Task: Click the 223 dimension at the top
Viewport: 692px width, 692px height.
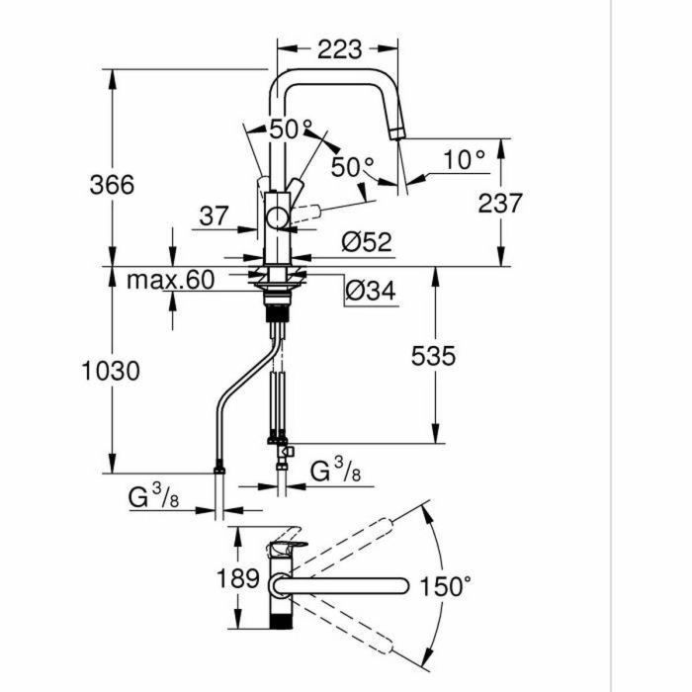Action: (x=338, y=48)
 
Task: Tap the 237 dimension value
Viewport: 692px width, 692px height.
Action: (x=499, y=203)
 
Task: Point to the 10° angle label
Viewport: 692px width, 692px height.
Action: (x=464, y=158)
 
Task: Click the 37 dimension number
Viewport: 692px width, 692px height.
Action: (x=213, y=216)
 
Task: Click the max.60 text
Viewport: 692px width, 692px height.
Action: (x=170, y=280)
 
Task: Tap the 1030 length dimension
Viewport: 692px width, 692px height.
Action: (x=111, y=371)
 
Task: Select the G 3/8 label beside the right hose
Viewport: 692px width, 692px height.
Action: (x=334, y=472)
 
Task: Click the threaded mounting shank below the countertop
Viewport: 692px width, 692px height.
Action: (x=278, y=315)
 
